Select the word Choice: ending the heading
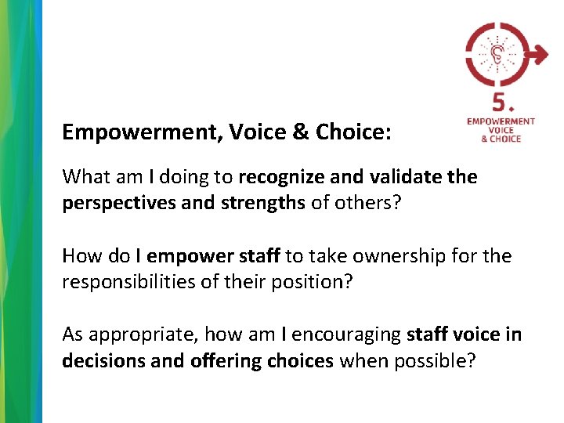353,132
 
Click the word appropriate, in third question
142,335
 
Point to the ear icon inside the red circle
498,53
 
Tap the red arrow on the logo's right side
538,55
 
